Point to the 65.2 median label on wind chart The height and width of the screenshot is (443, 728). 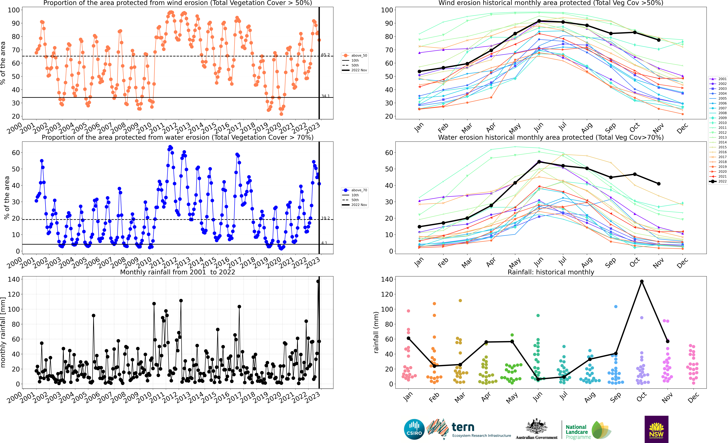[x=325, y=55]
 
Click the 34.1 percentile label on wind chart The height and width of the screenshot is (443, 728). [x=325, y=96]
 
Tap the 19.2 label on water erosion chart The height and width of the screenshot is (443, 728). [x=325, y=218]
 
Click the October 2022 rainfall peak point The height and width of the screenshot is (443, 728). [x=642, y=281]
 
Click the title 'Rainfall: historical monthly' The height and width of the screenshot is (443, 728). [x=551, y=272]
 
